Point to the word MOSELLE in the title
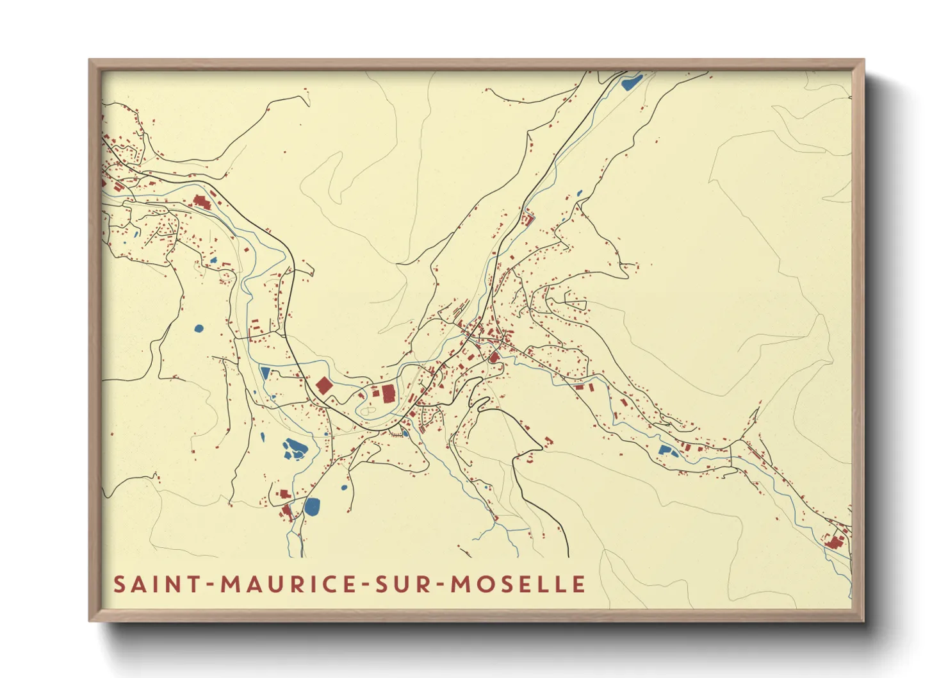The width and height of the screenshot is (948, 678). (518, 584)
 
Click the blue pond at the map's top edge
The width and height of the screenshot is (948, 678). (632, 81)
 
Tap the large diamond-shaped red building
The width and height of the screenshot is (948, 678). (324, 385)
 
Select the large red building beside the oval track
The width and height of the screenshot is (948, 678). (389, 393)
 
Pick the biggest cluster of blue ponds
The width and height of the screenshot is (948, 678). (295, 448)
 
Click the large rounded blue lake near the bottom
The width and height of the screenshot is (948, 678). (313, 506)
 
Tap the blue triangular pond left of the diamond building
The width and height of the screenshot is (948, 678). (265, 372)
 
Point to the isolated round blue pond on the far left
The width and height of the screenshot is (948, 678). (199, 329)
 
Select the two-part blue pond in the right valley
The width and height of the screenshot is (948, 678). (667, 451)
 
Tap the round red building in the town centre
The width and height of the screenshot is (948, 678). (494, 357)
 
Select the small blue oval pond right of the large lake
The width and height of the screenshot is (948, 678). (344, 488)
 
